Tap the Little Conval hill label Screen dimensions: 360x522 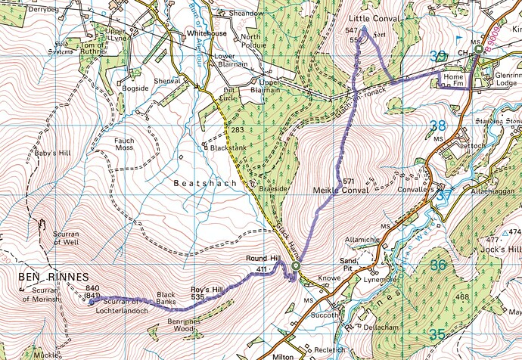pos(376,17)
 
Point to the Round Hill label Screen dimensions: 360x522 pos(263,259)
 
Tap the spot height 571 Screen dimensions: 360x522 pos(349,182)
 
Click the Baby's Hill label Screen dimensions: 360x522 pos(51,154)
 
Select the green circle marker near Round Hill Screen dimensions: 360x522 pos(296,267)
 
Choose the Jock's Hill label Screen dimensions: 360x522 pos(503,250)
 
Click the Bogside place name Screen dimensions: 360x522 pos(135,89)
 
